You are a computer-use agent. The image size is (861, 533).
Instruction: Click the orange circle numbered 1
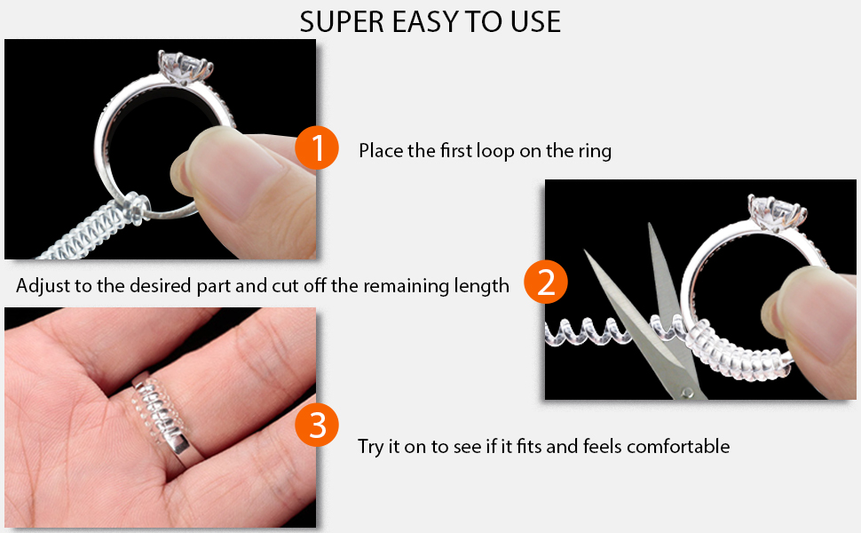pos(317,148)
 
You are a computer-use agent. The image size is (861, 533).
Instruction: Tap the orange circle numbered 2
pos(546,282)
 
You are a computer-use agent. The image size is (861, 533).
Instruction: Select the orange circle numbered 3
pos(317,426)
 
